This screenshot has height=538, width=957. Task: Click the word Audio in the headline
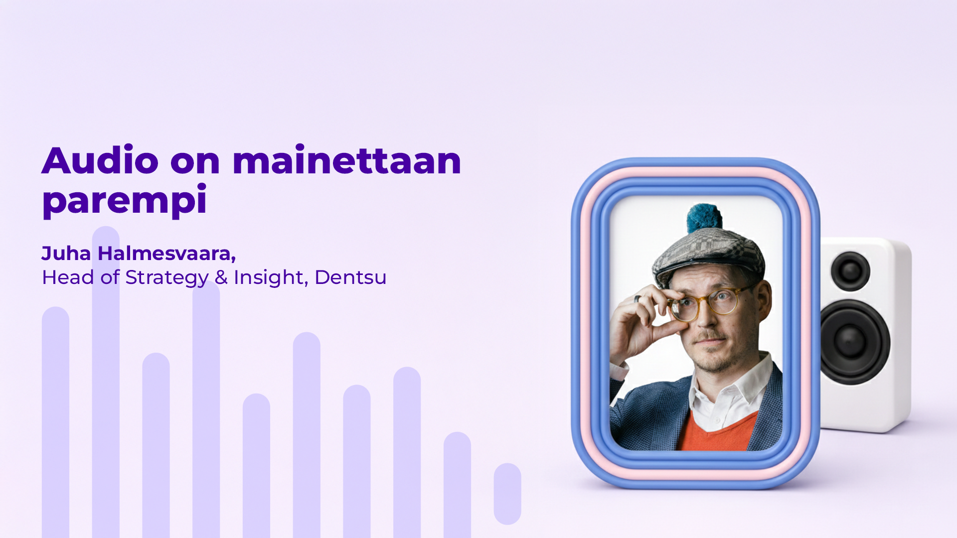[100, 161]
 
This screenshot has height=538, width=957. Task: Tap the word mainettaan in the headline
[346, 161]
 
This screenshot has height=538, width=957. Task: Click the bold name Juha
[66, 254]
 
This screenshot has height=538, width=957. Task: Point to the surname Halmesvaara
[166, 254]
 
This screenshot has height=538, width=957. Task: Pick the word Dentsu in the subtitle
[350, 277]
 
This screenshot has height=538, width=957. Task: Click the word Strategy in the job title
[166, 277]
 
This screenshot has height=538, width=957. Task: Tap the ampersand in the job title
[221, 277]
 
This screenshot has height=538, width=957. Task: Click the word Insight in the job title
[269, 277]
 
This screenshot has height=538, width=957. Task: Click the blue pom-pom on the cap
[704, 218]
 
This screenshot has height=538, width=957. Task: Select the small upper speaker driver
[850, 271]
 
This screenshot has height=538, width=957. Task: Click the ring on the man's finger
[638, 299]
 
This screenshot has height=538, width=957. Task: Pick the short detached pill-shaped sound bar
[507, 494]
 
